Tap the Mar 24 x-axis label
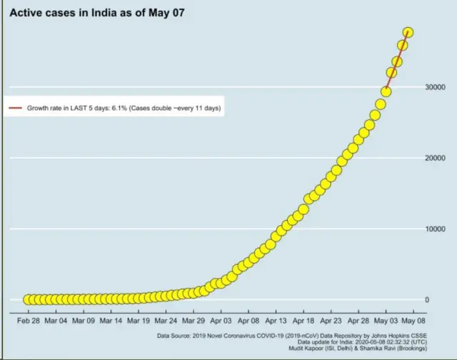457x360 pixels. coord(166,321)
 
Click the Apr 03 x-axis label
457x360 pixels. coord(221,321)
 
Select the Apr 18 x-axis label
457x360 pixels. coord(303,321)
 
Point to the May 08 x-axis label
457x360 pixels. coord(413,321)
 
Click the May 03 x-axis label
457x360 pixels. coord(386,321)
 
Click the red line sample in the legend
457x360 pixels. coord(15,109)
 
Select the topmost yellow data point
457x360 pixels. coord(408,32)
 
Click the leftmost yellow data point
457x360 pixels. coord(29,299)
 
